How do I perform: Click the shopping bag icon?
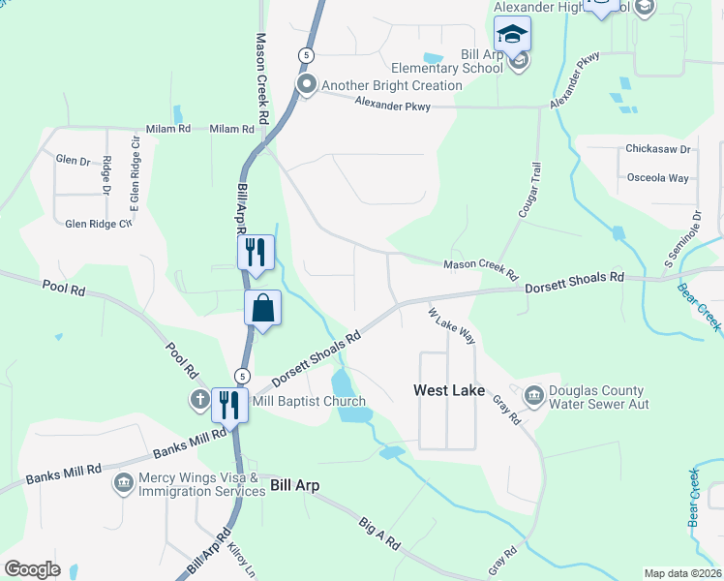pyautogui.click(x=262, y=310)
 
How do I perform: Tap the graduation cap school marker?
pyautogui.click(x=512, y=36)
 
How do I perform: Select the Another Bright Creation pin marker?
pyautogui.click(x=307, y=85)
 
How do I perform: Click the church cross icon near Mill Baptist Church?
pyautogui.click(x=199, y=399)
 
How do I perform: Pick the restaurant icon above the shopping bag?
pyautogui.click(x=256, y=253)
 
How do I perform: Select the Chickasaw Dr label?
pyautogui.click(x=657, y=150)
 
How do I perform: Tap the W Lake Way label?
pyautogui.click(x=453, y=325)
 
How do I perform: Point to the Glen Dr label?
pyautogui.click(x=73, y=160)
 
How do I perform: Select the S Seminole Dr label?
pyautogui.click(x=680, y=238)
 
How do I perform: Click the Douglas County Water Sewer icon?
pyautogui.click(x=534, y=396)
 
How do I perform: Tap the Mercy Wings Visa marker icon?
pyautogui.click(x=123, y=482)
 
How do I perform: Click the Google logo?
pyautogui.click(x=32, y=569)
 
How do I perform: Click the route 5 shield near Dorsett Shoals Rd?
pyautogui.click(x=243, y=375)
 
